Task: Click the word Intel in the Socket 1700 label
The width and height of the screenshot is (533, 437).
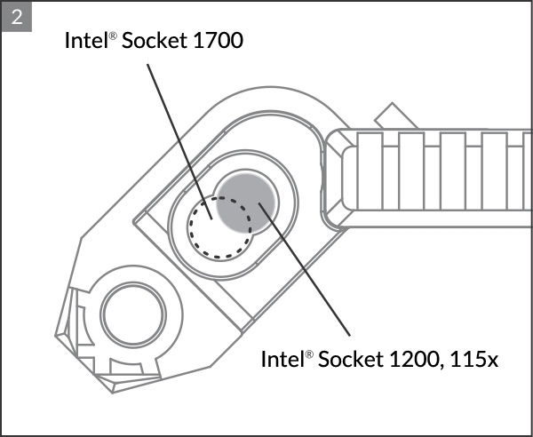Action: tap(84, 40)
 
